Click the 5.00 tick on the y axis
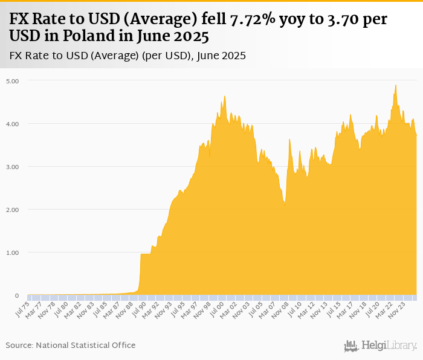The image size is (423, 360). point(13,80)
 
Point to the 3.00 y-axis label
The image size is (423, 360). point(13,167)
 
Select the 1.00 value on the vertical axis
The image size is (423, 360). point(13,252)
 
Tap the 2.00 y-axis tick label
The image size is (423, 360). point(13,210)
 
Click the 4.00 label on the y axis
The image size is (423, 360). point(13,124)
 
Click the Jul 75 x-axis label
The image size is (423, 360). point(21,307)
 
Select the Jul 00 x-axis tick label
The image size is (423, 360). point(216,307)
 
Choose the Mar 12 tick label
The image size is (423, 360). point(309,308)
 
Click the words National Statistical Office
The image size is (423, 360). point(86,345)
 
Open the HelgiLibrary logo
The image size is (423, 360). point(381,346)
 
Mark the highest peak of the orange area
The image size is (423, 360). point(395,85)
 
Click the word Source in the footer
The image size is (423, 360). point(19,345)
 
